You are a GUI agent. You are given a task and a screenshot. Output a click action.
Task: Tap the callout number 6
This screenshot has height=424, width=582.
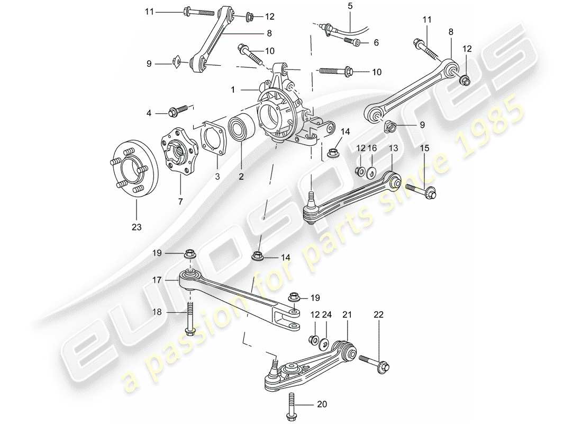click(x=376, y=42)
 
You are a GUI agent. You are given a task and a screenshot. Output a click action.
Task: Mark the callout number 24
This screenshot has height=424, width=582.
click(x=327, y=315)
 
